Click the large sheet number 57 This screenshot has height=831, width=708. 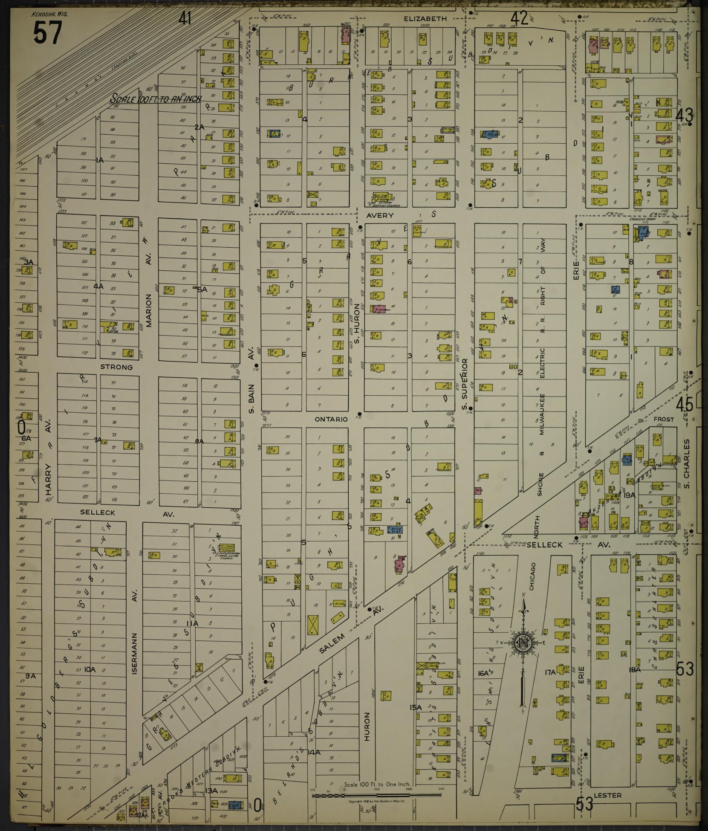(47, 32)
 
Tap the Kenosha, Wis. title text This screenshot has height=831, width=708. (49, 14)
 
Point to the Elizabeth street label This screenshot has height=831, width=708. (425, 18)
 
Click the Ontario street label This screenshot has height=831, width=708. (331, 419)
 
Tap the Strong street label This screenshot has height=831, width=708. (116, 367)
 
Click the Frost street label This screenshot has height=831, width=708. (664, 419)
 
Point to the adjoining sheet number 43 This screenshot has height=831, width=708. (685, 114)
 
